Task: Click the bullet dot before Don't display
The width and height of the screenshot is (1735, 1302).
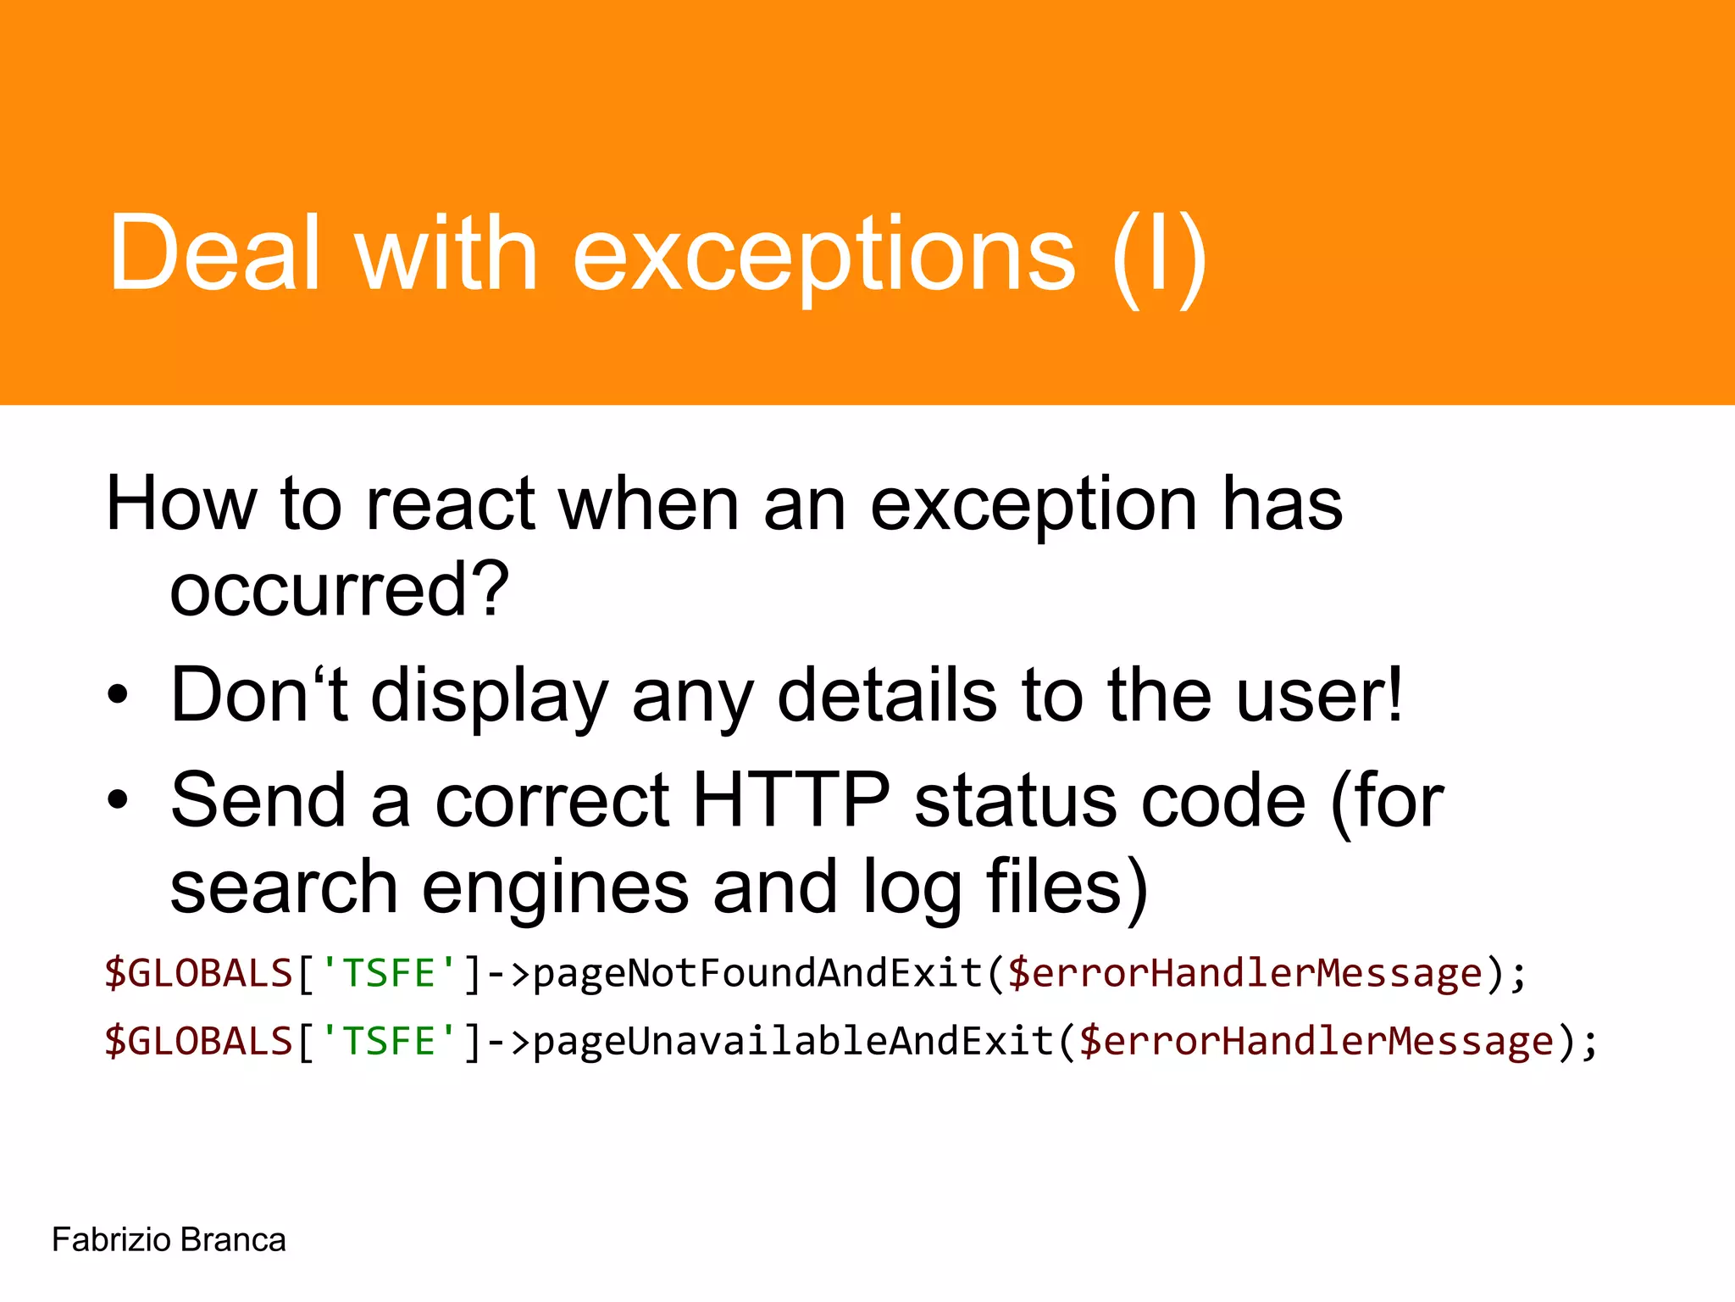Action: click(x=118, y=696)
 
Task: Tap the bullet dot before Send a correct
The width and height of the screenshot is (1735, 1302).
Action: click(x=118, y=800)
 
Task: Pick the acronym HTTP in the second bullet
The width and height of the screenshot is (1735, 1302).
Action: click(x=791, y=800)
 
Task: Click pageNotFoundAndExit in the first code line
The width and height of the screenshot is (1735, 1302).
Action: click(x=757, y=973)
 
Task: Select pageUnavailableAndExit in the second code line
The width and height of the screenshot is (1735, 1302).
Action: click(x=793, y=1041)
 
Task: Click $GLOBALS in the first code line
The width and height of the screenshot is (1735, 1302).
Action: click(x=198, y=973)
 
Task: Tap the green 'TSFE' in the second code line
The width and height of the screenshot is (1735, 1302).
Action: click(x=389, y=1041)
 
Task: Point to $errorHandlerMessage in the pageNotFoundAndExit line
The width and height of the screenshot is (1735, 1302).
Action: click(x=1244, y=973)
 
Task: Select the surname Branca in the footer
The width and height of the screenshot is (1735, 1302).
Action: click(x=233, y=1240)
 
